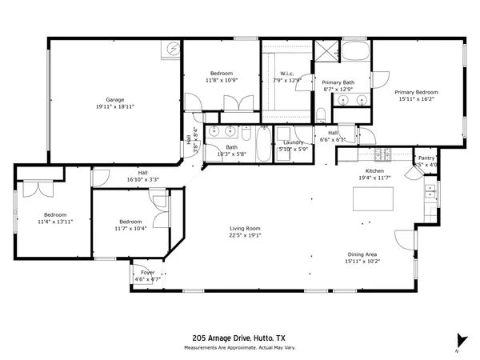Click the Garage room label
point(114,100)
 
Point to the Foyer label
point(148,273)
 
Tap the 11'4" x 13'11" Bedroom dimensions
point(54,222)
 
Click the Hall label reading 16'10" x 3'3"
point(142,175)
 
